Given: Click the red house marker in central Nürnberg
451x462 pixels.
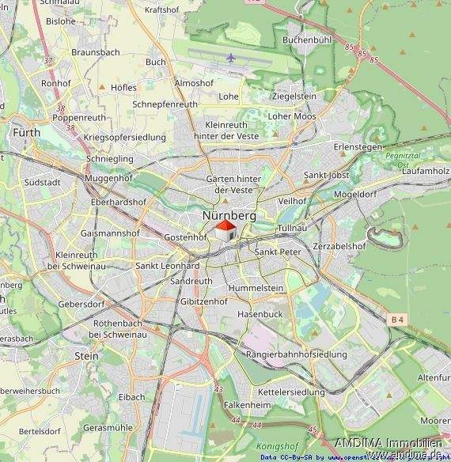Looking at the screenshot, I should point(225,232).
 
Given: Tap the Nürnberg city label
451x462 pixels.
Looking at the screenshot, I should point(229,215).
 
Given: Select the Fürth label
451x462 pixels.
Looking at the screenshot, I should point(26,133).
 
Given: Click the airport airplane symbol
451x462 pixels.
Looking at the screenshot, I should point(230,58).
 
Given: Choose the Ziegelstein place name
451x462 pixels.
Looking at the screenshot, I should point(294,96).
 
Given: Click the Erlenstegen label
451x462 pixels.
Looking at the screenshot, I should point(358,147).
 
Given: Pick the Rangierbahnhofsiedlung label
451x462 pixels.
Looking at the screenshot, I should point(297,354).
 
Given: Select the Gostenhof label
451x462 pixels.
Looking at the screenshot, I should point(184,237).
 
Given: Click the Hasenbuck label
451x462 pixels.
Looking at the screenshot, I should point(260,314).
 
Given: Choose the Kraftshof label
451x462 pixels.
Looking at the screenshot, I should point(163,10).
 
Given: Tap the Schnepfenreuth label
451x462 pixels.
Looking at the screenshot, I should point(165,104).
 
